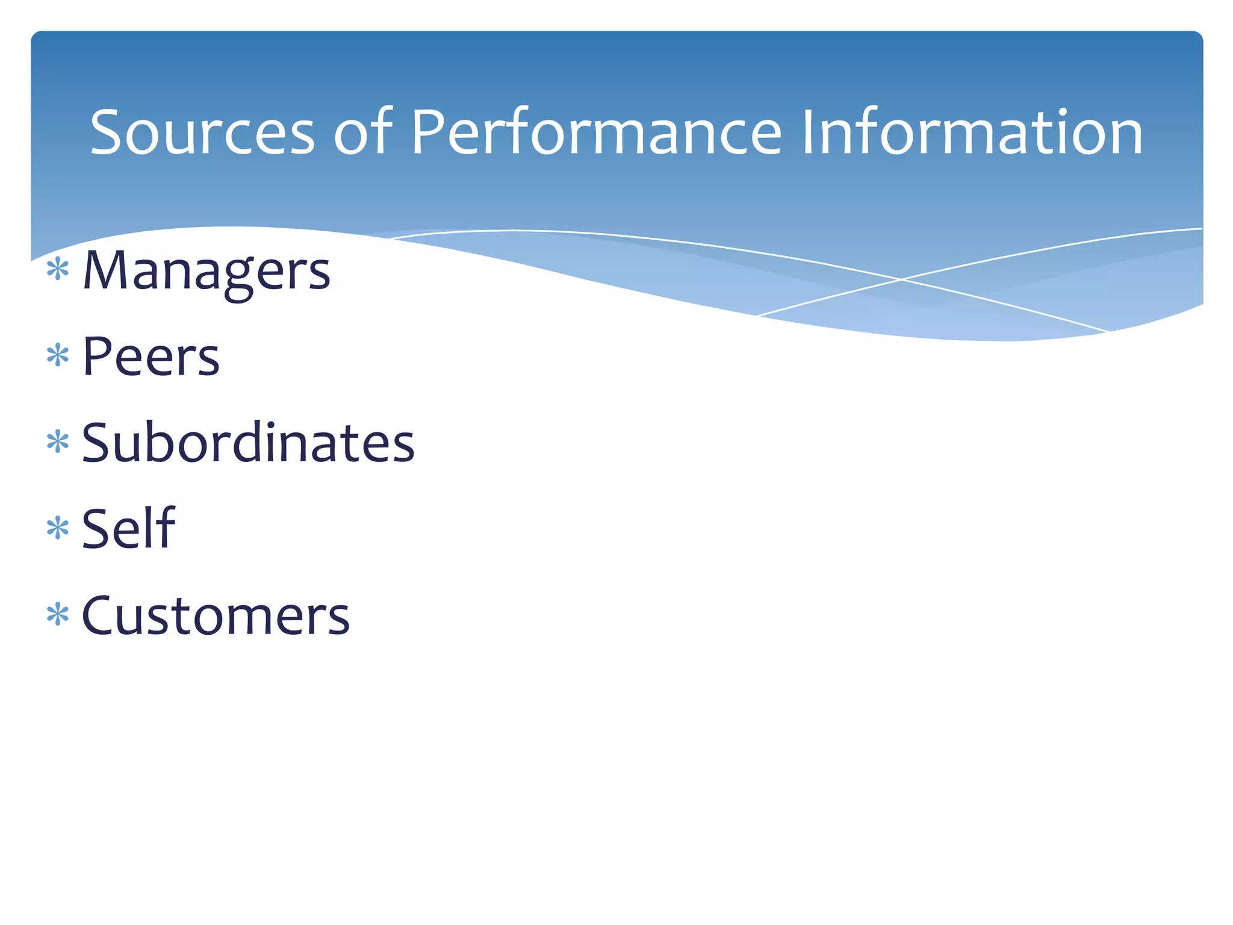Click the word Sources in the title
tap(202, 132)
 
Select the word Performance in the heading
tap(596, 132)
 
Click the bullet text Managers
tap(207, 271)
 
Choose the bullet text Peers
tap(151, 357)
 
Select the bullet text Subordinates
tap(248, 443)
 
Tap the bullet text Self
tap(128, 529)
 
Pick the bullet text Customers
tap(216, 615)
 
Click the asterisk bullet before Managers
tap(58, 269)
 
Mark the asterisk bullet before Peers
tap(58, 355)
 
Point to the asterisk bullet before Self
tap(58, 528)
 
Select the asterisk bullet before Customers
tap(58, 615)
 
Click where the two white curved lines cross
tap(901, 279)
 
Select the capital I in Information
tap(808, 132)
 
